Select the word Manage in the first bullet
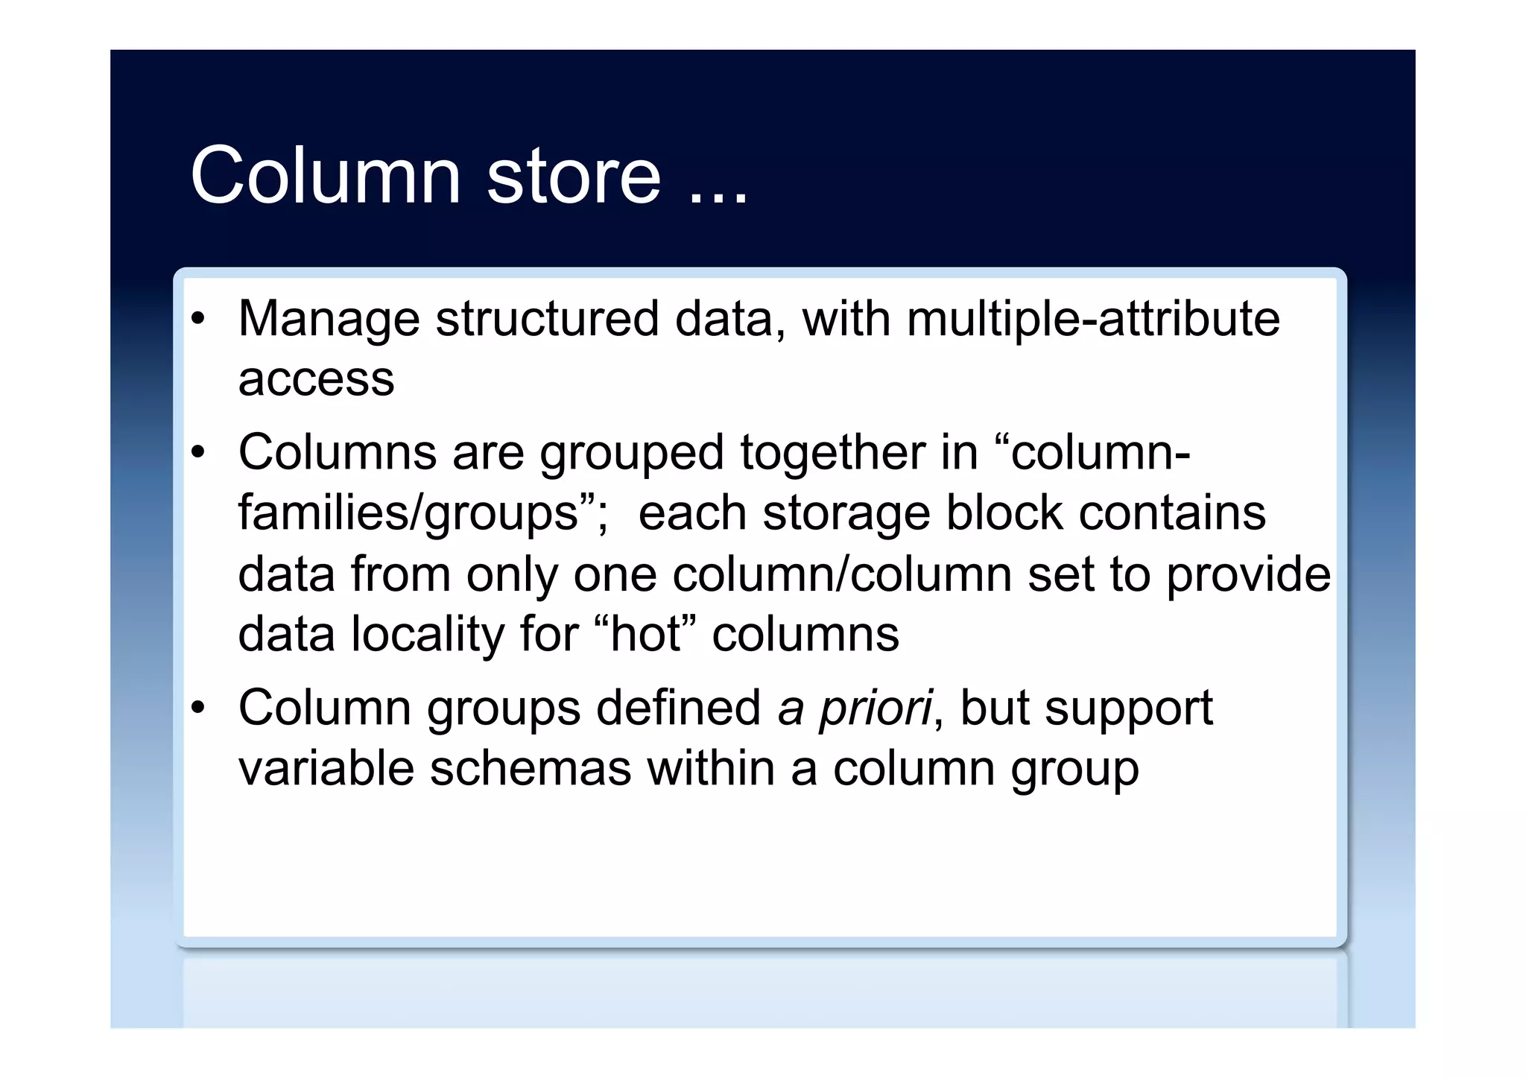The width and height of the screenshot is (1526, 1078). pos(329,319)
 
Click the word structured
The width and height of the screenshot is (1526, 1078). pos(548,319)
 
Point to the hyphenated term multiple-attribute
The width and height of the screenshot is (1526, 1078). pos(1093,319)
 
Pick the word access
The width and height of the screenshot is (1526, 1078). pos(316,379)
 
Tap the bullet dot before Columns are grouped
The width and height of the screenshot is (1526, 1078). pos(197,453)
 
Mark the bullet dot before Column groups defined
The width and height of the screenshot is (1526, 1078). pos(197,708)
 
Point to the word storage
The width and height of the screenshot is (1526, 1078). pos(846,513)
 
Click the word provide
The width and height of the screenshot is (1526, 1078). pos(1248,574)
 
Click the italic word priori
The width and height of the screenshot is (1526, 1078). pos(875,708)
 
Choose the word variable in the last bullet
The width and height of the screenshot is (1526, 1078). pos(326,768)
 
